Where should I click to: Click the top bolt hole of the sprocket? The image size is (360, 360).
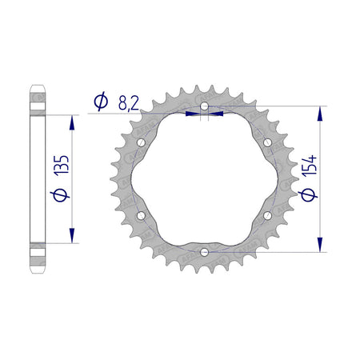coord(204,106)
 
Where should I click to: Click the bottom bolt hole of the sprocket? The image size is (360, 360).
coord(204,252)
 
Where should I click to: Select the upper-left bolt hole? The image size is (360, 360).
coord(141,142)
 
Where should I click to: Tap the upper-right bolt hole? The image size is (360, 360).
coord(267,142)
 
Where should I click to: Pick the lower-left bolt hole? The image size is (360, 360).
coord(141,215)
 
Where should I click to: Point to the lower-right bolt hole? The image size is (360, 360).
coord(267,215)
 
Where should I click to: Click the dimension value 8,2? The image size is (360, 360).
coord(129,103)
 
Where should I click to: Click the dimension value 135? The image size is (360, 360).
coord(62,165)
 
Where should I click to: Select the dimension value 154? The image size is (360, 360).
coord(310,166)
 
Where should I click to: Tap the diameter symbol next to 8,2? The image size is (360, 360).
coord(101,102)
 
